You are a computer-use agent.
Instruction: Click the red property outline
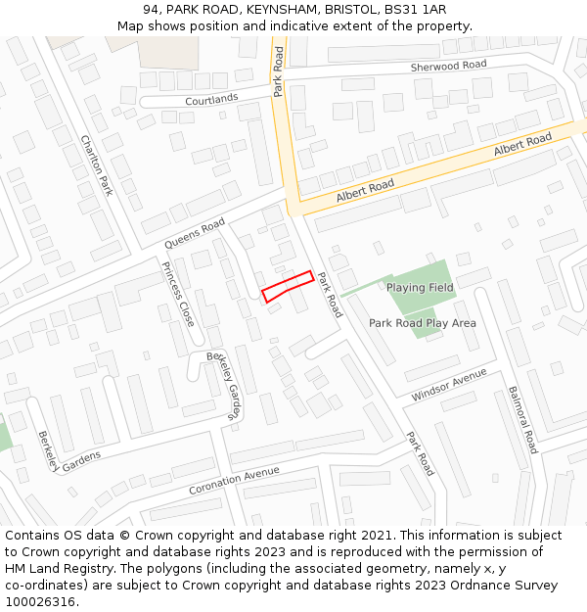point(288,286)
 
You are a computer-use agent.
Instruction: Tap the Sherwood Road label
point(448,66)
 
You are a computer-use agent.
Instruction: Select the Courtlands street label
point(211,99)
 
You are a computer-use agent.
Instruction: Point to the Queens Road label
point(195,234)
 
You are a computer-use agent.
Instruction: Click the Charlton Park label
point(97,165)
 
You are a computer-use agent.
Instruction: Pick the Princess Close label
point(178,294)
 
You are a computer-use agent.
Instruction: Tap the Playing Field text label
point(420,288)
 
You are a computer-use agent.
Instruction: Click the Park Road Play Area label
point(423,322)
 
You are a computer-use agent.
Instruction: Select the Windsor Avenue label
point(449,385)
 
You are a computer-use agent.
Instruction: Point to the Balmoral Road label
point(522,419)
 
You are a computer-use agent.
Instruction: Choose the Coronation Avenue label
point(235,480)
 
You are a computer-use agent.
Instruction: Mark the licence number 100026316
point(39,602)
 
